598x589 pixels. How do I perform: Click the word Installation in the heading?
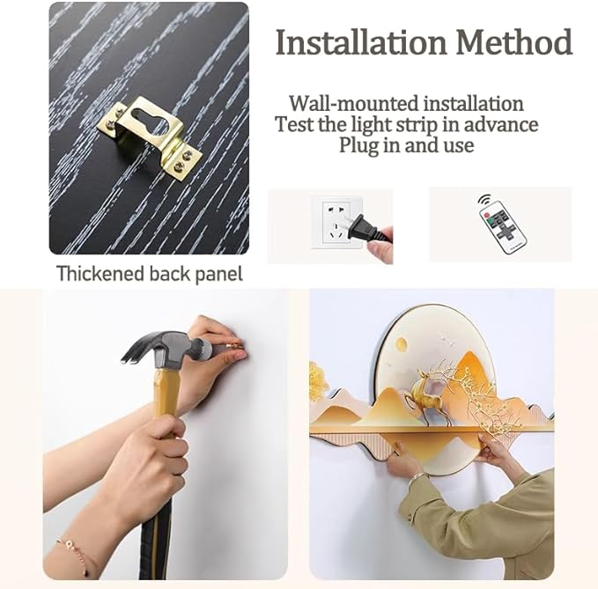pyautogui.click(x=361, y=42)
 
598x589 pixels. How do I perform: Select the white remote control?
pyautogui.click(x=503, y=229)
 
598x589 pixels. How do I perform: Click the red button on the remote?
pyautogui.click(x=486, y=216)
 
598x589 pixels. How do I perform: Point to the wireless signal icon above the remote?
pyautogui.click(x=484, y=200)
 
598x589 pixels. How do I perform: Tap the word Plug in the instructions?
pyautogui.click(x=358, y=145)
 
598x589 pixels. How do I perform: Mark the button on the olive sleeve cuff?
pyautogui.click(x=410, y=516)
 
